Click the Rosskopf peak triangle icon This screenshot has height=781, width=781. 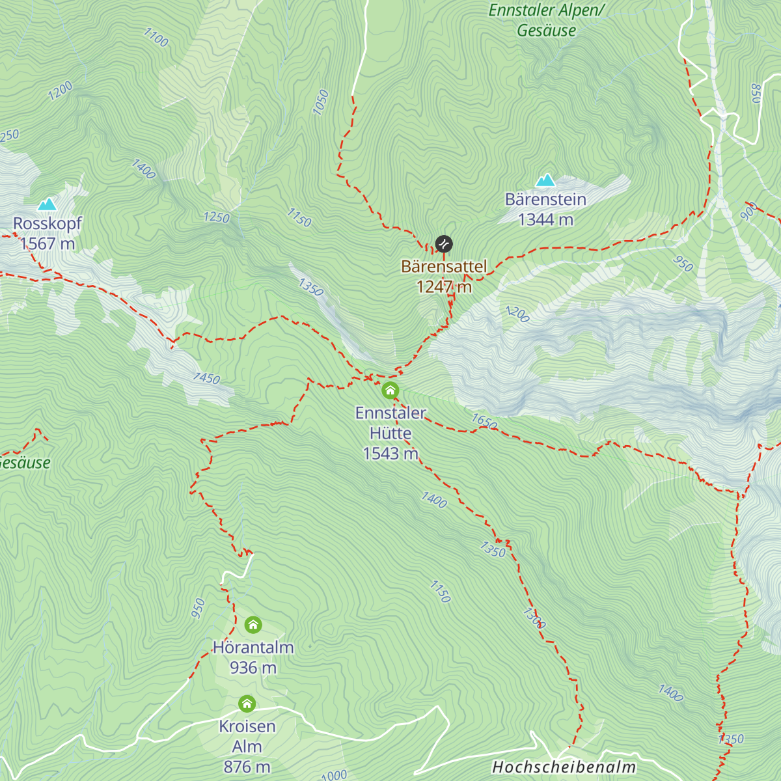click(46, 205)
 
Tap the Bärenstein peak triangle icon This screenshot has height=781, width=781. click(545, 180)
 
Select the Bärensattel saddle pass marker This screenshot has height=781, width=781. click(444, 244)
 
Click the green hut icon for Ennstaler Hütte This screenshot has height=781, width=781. click(390, 390)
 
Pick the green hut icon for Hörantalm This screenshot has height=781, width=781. click(253, 625)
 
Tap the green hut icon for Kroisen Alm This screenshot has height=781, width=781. click(247, 704)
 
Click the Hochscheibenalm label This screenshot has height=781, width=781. click(564, 767)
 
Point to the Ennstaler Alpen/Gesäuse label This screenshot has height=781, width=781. click(547, 20)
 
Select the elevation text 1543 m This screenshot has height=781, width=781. click(390, 454)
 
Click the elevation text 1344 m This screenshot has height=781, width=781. click(545, 220)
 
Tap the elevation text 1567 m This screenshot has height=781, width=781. click(48, 244)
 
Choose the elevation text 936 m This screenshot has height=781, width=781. click(253, 668)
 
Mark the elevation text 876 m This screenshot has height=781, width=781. click(247, 767)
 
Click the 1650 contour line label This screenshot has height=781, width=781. click(484, 422)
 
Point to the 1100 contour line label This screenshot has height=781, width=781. click(156, 38)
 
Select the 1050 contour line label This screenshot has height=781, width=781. click(321, 102)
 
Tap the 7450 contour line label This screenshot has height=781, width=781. click(206, 378)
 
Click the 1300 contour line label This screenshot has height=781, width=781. click(534, 618)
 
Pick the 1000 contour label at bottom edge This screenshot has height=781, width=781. click(334, 775)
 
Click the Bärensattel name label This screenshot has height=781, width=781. click(444, 267)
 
